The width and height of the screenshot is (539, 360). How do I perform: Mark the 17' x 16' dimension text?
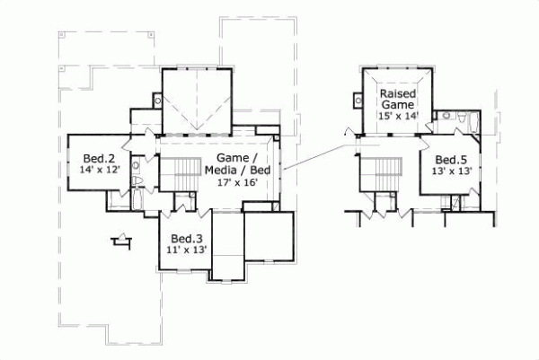[x=237, y=180]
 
